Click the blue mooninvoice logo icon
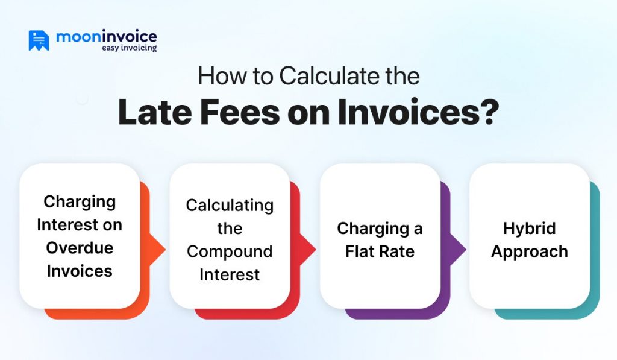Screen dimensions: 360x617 tap(39, 40)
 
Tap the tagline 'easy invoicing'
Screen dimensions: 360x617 tap(129, 48)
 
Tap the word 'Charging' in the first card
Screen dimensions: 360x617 tap(80, 201)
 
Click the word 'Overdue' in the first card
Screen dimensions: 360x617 tap(80, 248)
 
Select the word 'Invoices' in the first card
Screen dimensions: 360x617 tap(80, 271)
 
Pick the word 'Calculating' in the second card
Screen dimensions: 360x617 tap(230, 205)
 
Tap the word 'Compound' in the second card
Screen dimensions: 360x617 tap(230, 251)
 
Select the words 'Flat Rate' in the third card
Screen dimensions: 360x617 tap(380, 251)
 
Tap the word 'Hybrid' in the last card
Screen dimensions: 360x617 tap(530, 229)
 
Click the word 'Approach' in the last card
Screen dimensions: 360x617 tap(530, 251)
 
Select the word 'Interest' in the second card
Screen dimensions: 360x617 tap(230, 274)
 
